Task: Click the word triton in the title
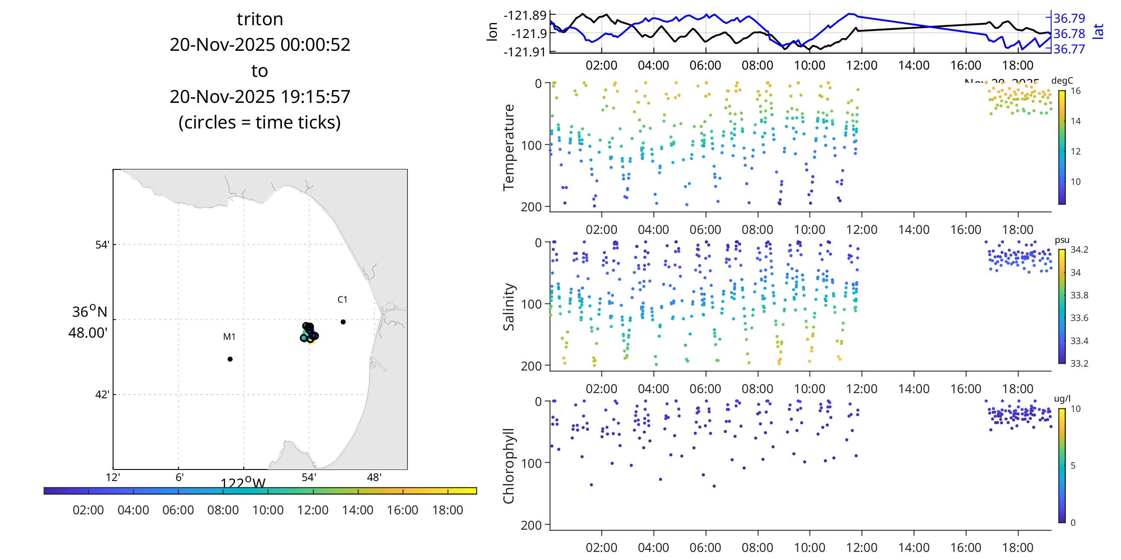(x=260, y=19)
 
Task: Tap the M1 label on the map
(x=229, y=336)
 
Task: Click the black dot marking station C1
(x=343, y=322)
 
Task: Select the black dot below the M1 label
(x=230, y=359)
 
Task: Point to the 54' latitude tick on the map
(x=102, y=245)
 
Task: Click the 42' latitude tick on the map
(x=102, y=395)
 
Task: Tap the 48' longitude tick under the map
(x=374, y=477)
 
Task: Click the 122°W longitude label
(x=243, y=483)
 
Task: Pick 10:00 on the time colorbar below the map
(x=268, y=510)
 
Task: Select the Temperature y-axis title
(x=509, y=147)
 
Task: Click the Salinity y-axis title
(x=509, y=306)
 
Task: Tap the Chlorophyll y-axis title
(x=509, y=466)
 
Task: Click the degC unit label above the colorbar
(x=1062, y=81)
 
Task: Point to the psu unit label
(x=1062, y=240)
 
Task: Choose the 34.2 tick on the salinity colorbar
(x=1079, y=250)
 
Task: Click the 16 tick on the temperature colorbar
(x=1076, y=91)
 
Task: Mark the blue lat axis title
(x=1099, y=31)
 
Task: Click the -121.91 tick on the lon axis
(x=524, y=52)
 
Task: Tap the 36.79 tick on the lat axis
(x=1069, y=18)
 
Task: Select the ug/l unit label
(x=1062, y=399)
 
